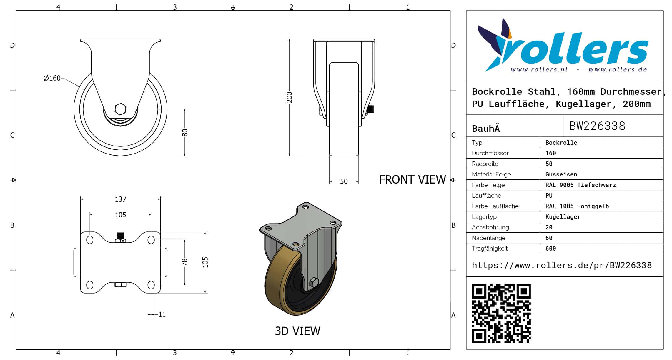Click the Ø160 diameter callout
click(x=52, y=78)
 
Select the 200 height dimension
click(x=290, y=97)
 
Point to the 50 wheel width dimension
click(x=344, y=181)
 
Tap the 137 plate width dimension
click(x=120, y=199)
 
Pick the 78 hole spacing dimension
click(x=184, y=262)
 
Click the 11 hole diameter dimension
click(x=162, y=315)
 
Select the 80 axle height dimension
click(x=185, y=133)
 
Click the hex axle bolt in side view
click(x=120, y=109)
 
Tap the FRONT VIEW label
click(x=412, y=180)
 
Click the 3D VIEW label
click(x=297, y=331)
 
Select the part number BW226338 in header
click(x=597, y=126)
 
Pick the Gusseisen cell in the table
click(x=561, y=174)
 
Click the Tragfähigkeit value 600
click(x=550, y=249)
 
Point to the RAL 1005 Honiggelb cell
click(x=577, y=206)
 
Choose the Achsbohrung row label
click(x=490, y=227)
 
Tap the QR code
click(x=501, y=313)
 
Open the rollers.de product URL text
click(x=562, y=265)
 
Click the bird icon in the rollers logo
click(x=497, y=44)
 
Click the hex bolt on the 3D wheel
click(x=314, y=283)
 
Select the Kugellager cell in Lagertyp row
click(x=563, y=217)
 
